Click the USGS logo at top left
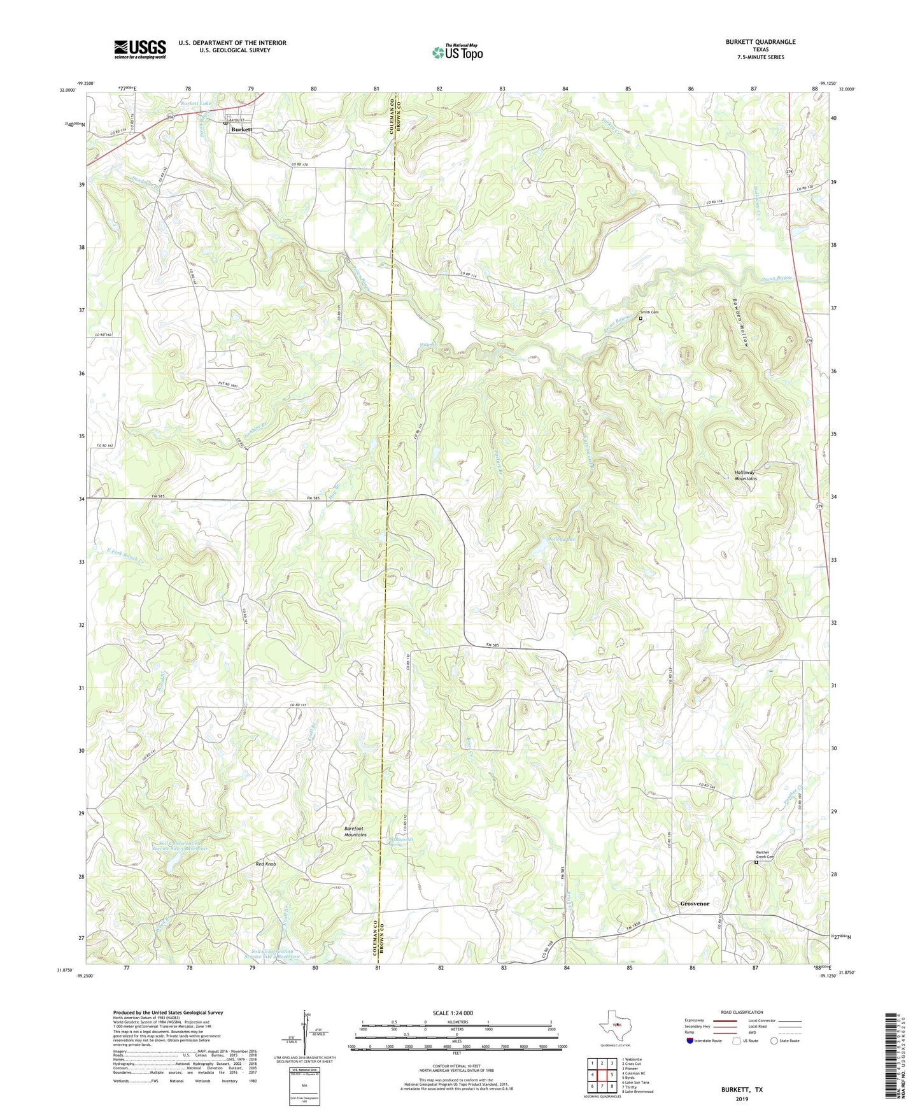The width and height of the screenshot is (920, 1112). coord(140,49)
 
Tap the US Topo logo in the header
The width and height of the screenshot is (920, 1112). coord(457,52)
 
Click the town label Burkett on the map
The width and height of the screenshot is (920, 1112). coord(242,129)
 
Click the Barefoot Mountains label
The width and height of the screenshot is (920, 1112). coord(355,831)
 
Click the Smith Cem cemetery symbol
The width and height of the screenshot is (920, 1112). coord(640,318)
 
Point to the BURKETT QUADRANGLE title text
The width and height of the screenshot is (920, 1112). coord(760,42)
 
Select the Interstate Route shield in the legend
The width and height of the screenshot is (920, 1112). coord(691,1041)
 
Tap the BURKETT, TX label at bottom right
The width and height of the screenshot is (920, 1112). coord(742,1090)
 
